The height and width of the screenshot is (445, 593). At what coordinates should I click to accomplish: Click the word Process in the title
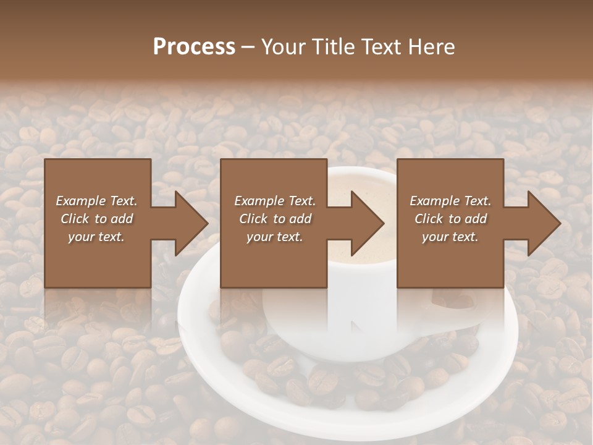click(194, 47)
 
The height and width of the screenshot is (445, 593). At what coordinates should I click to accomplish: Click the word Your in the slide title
click(284, 47)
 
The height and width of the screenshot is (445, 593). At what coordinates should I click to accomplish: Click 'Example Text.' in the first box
click(96, 201)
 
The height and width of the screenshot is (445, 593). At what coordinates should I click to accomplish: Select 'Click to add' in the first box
click(96, 219)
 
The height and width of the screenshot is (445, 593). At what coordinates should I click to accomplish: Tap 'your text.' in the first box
click(96, 237)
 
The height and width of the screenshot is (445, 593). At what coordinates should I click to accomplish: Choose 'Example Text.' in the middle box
click(274, 201)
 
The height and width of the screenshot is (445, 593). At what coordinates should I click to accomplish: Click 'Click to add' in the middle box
click(274, 219)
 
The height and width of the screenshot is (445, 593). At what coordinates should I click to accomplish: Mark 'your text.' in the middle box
click(274, 237)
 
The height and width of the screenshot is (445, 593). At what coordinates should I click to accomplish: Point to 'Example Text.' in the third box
click(450, 201)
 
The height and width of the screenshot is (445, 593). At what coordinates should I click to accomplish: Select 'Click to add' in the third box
click(450, 219)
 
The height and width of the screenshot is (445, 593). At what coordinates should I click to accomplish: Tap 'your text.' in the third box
click(450, 237)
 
